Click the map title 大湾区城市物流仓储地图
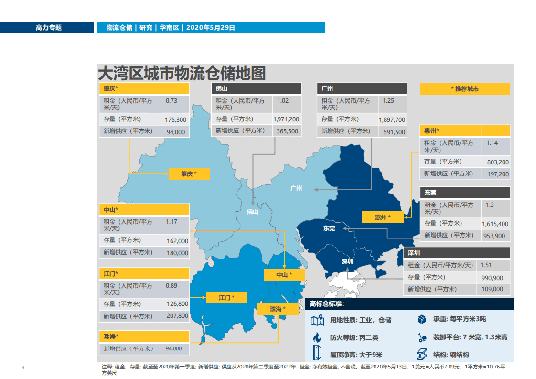coord(182,73)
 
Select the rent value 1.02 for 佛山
coord(283,101)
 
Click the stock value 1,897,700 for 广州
coord(392,120)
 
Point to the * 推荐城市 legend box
coord(464,89)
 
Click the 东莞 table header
coord(465,193)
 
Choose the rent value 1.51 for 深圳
coord(486,265)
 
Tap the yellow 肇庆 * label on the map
coord(189,174)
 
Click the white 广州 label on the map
coord(296,188)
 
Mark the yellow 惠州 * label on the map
coord(383,217)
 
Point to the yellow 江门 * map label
coord(226,298)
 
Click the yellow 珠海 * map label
coord(278,309)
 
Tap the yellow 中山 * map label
coord(284,275)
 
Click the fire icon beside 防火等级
coord(316,337)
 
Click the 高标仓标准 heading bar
coord(409,304)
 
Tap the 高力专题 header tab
coord(48,28)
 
